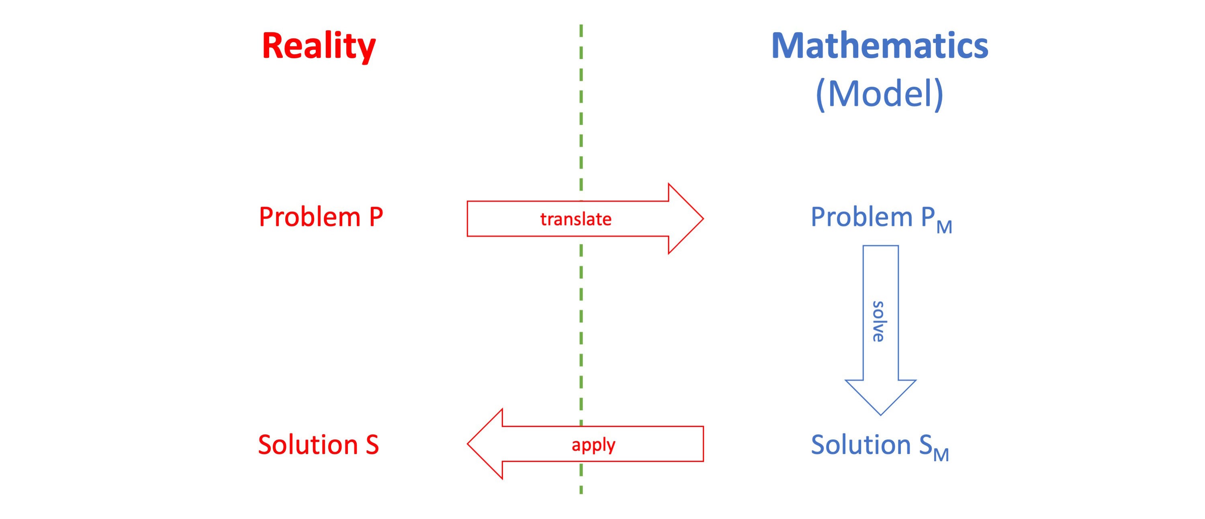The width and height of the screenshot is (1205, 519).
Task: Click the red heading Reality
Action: [319, 47]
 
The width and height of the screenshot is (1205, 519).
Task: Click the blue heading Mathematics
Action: [880, 46]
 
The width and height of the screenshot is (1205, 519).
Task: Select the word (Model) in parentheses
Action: [880, 94]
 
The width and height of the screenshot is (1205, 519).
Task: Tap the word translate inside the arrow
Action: [576, 219]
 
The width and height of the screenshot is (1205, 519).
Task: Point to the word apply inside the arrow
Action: [593, 445]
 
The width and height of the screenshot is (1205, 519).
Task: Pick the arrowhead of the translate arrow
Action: [686, 219]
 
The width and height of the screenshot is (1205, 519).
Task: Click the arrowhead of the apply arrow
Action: [485, 444]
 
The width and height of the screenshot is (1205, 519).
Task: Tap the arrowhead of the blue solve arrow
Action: [880, 397]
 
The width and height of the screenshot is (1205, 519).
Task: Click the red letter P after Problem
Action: [376, 217]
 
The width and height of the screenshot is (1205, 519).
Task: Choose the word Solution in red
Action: [308, 444]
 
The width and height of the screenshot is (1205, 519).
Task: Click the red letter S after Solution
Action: [372, 444]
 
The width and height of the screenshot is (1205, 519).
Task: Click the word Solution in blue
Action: [861, 444]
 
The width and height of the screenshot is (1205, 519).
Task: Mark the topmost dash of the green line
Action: [581, 31]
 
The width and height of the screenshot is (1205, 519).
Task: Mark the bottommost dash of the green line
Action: [581, 488]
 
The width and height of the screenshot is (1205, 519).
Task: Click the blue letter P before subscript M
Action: [928, 217]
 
